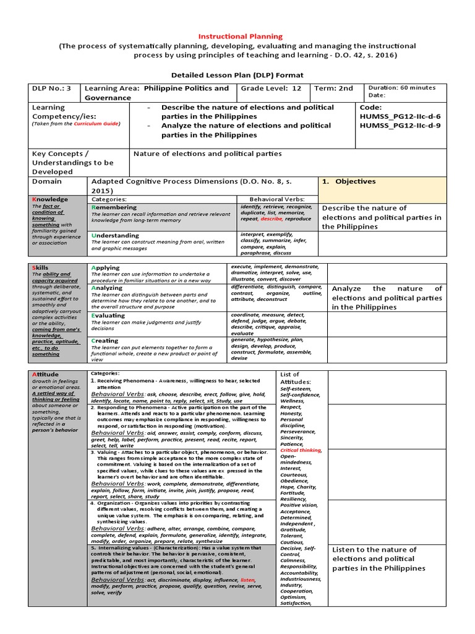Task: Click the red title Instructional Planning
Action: (x=240, y=37)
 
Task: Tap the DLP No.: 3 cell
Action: (x=52, y=89)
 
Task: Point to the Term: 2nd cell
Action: (x=334, y=89)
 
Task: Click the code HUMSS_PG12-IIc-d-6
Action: (x=400, y=116)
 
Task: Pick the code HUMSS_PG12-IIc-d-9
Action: (x=400, y=126)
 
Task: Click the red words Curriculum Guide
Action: (x=96, y=124)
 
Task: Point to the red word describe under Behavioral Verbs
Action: (x=270, y=219)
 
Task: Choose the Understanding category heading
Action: (x=115, y=235)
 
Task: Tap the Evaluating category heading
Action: (x=108, y=315)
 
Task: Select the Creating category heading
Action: (x=105, y=341)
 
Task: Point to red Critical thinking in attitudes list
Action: (x=301, y=450)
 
